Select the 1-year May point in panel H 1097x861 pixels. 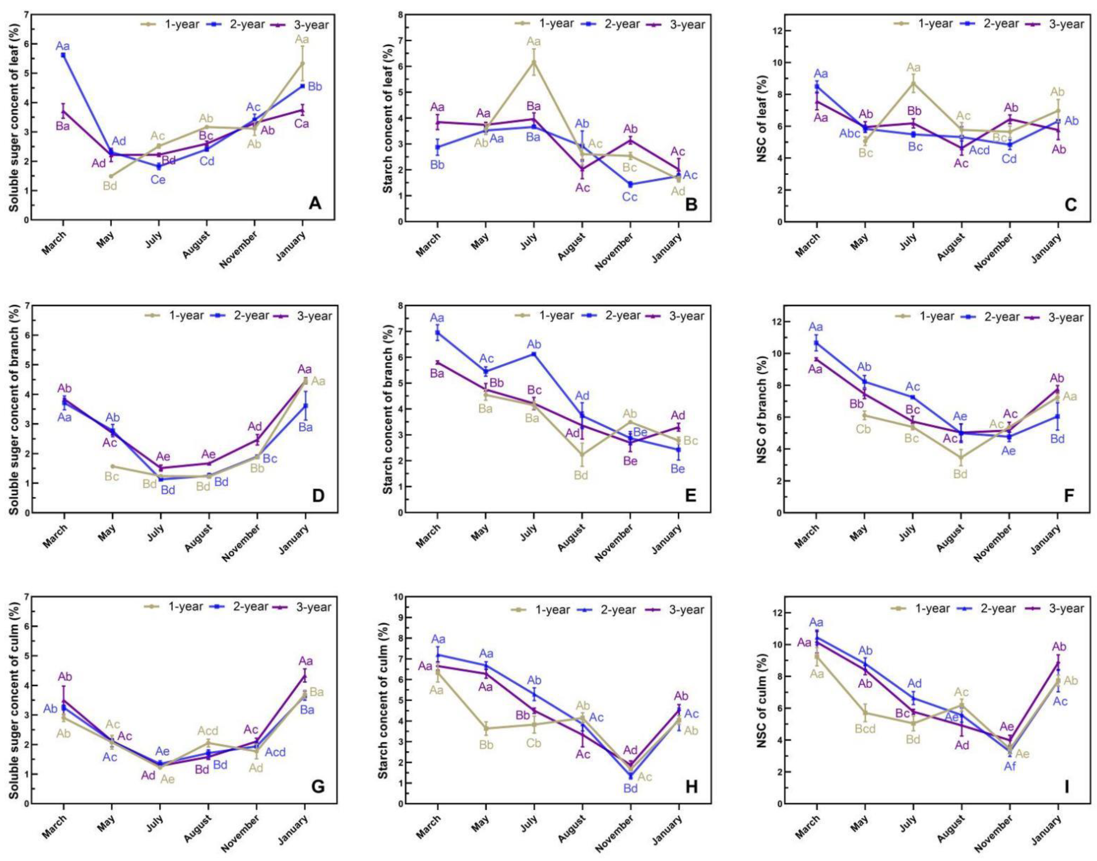486,728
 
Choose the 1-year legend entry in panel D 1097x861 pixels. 174,316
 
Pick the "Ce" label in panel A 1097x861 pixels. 158,180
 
